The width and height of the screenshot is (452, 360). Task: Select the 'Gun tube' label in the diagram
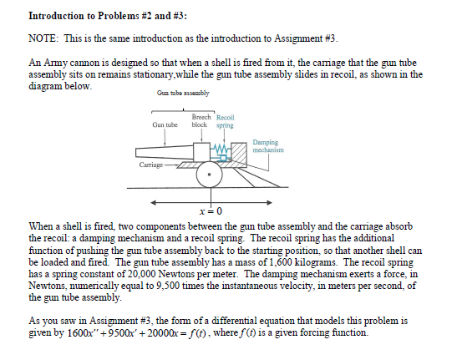click(x=165, y=124)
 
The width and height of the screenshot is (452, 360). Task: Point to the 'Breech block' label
click(x=201, y=121)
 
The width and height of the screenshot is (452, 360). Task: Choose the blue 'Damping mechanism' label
click(x=267, y=146)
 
